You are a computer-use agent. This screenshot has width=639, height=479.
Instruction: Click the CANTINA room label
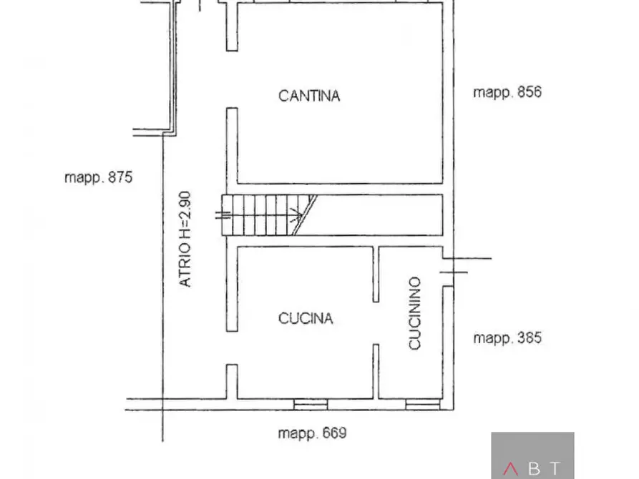308,95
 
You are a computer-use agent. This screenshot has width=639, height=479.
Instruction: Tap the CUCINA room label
306,318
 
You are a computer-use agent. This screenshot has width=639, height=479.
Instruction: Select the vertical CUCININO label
415,314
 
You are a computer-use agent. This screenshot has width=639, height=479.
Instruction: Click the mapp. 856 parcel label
507,92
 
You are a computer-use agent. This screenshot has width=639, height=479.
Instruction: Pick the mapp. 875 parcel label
99,177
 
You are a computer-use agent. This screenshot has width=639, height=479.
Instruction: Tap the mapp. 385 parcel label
507,337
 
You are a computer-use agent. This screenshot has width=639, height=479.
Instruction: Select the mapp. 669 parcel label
312,433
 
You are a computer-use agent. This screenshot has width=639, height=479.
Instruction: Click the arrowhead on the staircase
295,214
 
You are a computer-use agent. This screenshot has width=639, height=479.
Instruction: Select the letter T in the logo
555,470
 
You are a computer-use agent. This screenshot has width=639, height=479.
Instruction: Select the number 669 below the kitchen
332,433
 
